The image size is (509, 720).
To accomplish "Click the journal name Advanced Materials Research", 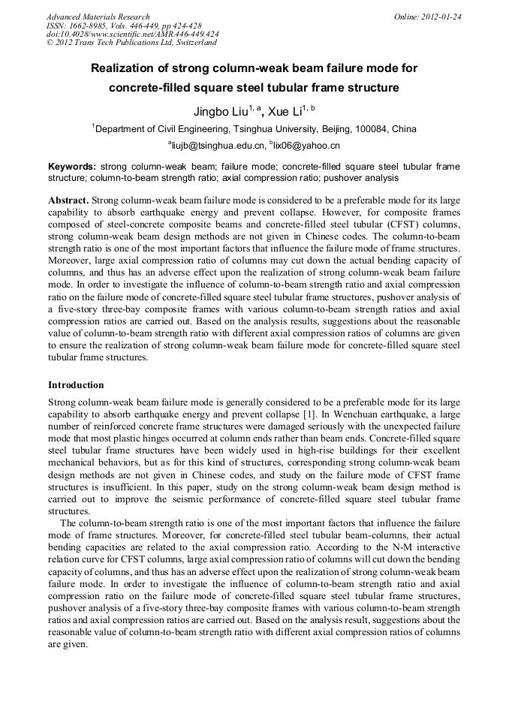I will click(98, 17).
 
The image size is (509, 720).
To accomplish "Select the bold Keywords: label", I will click(72, 166).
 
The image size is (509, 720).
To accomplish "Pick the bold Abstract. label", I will click(68, 201).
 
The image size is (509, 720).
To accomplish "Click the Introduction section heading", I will click(76, 385).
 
